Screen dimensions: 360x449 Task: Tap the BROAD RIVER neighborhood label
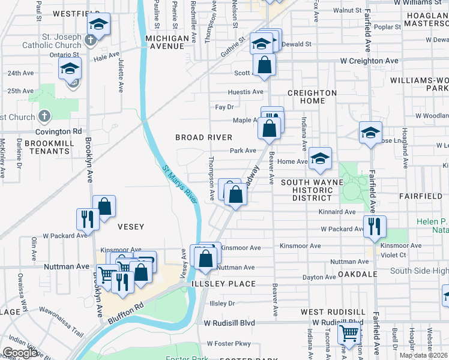(203, 137)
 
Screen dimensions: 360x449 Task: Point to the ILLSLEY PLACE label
(223, 283)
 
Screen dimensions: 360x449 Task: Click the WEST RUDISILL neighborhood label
(333, 312)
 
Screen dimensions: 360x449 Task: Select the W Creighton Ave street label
(369, 61)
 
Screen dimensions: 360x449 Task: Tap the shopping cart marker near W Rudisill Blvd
(349, 334)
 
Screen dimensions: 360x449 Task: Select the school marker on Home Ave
(321, 158)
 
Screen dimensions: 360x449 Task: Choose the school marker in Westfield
(98, 25)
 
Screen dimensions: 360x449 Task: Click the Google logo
(20, 353)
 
